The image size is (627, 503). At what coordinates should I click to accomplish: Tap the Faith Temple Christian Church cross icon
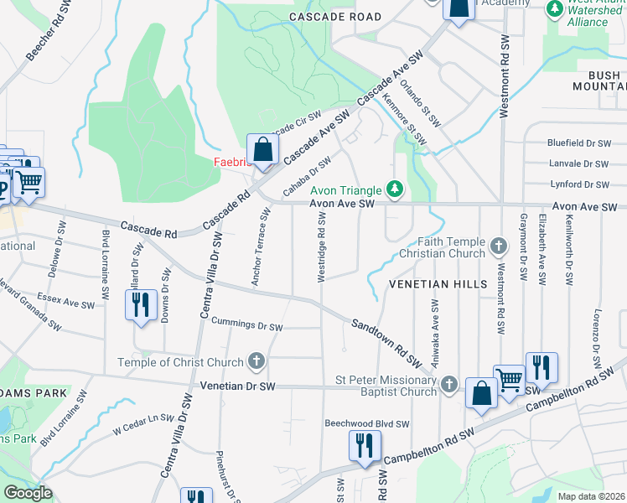(499, 246)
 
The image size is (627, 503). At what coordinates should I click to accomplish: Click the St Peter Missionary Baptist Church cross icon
(449, 384)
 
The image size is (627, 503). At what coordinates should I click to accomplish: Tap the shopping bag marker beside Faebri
(263, 152)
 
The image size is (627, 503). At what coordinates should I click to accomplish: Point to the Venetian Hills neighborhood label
(438, 284)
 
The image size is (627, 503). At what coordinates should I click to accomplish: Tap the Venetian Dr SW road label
(238, 386)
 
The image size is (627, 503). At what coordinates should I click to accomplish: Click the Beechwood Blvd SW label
(367, 424)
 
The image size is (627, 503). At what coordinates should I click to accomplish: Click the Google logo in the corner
(27, 492)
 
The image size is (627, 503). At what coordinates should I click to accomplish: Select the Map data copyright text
(592, 496)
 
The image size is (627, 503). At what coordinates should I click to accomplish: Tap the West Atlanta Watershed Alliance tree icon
(553, 8)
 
